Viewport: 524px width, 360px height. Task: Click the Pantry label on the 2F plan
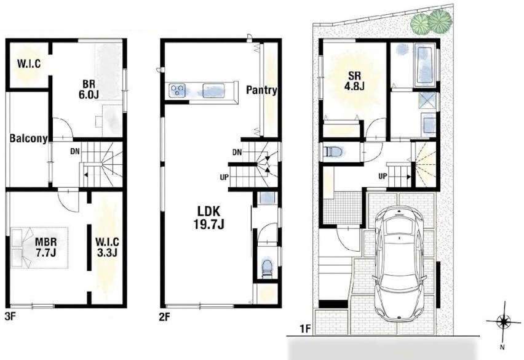click(x=261, y=90)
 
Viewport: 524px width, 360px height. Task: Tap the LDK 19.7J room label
click(x=209, y=218)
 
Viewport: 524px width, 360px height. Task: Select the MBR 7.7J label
click(x=46, y=247)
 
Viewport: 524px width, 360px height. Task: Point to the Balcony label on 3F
click(x=28, y=138)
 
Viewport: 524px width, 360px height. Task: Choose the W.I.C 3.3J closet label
click(x=107, y=247)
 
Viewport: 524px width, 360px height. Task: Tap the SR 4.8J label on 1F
click(x=354, y=81)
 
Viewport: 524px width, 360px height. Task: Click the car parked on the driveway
click(x=400, y=263)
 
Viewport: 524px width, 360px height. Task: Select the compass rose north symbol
click(x=503, y=322)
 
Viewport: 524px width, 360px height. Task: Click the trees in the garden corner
click(x=431, y=22)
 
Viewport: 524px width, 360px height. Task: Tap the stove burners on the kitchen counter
click(x=178, y=90)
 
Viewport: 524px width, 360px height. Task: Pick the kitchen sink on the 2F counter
click(x=213, y=90)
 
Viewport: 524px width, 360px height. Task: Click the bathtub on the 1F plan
click(x=425, y=64)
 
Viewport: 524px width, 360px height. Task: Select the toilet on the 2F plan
click(x=267, y=268)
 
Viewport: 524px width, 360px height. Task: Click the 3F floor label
click(x=10, y=316)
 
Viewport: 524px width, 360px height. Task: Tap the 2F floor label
click(x=165, y=316)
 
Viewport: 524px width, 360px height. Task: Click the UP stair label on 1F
click(x=383, y=175)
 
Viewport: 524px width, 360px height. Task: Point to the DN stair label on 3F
click(x=75, y=151)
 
